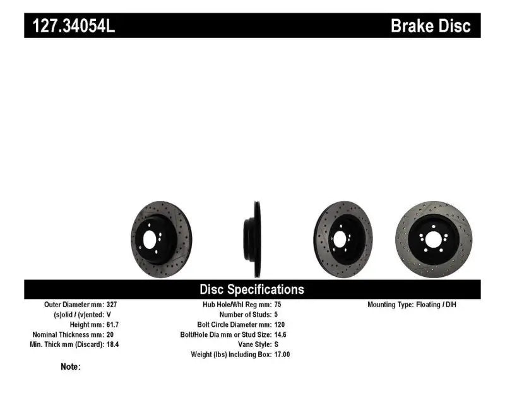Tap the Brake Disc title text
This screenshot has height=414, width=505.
(x=431, y=26)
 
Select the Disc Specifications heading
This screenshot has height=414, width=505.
(x=252, y=289)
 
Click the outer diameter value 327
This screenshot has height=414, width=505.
(x=111, y=304)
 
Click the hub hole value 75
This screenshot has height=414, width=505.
(x=278, y=304)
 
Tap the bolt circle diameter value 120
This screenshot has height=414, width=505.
(x=280, y=324)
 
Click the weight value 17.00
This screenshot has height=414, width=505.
(x=282, y=355)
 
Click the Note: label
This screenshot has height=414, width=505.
(x=71, y=367)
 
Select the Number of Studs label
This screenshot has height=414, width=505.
(x=244, y=314)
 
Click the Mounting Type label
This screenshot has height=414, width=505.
(x=391, y=304)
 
